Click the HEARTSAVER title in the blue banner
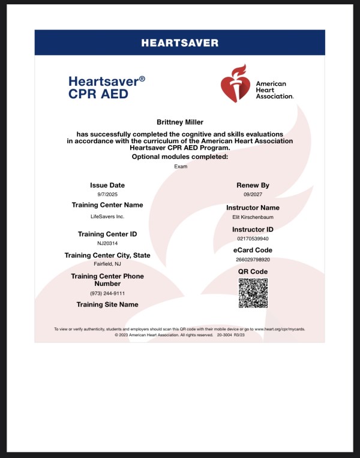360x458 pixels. click(179, 43)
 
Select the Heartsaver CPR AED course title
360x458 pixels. click(107, 87)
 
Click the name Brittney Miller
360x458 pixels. click(180, 122)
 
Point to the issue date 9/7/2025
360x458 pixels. click(107, 195)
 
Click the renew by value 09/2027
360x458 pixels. click(253, 195)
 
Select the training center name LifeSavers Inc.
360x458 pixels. click(107, 216)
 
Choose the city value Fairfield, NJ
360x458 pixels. click(107, 264)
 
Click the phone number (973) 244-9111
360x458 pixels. click(107, 293)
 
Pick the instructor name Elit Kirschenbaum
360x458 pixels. click(253, 218)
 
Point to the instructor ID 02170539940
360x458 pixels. click(253, 239)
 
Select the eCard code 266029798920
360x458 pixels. click(253, 260)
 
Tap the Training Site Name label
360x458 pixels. click(107, 305)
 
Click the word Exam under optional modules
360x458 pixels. click(180, 166)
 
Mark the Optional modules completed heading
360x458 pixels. click(180, 157)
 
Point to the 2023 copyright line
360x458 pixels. click(180, 335)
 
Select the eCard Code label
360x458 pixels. click(253, 250)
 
